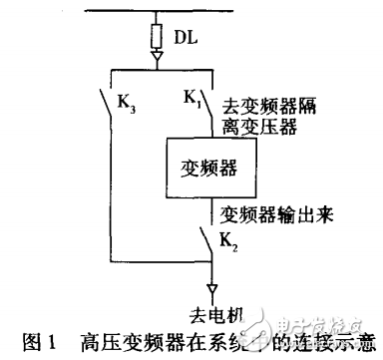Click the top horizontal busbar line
point(190,14)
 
